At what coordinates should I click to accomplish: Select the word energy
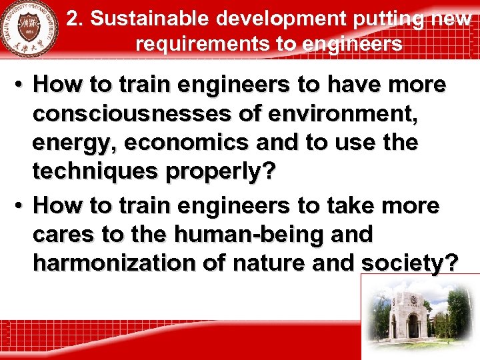click(x=75, y=143)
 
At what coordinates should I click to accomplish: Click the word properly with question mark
click(x=221, y=171)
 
